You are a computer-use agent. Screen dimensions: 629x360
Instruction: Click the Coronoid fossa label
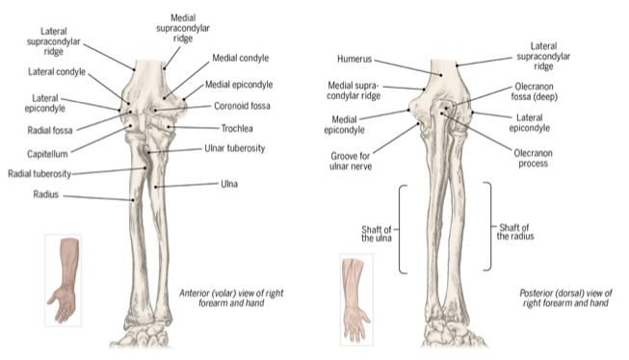coord(242,106)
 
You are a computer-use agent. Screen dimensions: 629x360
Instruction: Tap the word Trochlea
coord(237,128)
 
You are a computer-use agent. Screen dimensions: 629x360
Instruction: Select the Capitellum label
coord(47,154)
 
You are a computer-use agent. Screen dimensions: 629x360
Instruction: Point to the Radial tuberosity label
coord(39,173)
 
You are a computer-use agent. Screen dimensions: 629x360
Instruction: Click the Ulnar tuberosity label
coord(235,148)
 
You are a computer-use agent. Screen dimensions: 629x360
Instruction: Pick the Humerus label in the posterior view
coord(354,59)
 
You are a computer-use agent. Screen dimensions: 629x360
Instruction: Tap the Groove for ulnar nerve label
coord(351,161)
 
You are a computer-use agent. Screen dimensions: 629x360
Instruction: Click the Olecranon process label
coord(533,159)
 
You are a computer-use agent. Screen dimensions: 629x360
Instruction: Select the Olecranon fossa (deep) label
coord(535,91)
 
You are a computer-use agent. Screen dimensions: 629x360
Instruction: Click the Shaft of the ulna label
coord(377,234)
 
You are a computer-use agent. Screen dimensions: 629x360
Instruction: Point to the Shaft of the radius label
coord(515,232)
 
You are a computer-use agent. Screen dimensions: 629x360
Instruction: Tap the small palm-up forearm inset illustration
coord(63,280)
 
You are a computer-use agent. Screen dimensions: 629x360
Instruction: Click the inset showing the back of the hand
coord(356,299)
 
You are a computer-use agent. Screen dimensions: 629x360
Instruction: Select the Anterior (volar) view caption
coord(231,297)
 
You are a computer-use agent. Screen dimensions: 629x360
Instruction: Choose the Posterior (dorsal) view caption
coord(565,297)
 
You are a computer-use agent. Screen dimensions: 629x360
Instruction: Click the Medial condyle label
coord(240,58)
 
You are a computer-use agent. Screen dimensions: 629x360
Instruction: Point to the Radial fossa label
coord(50,130)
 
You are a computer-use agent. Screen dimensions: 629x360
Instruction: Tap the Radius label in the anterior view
coord(45,194)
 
